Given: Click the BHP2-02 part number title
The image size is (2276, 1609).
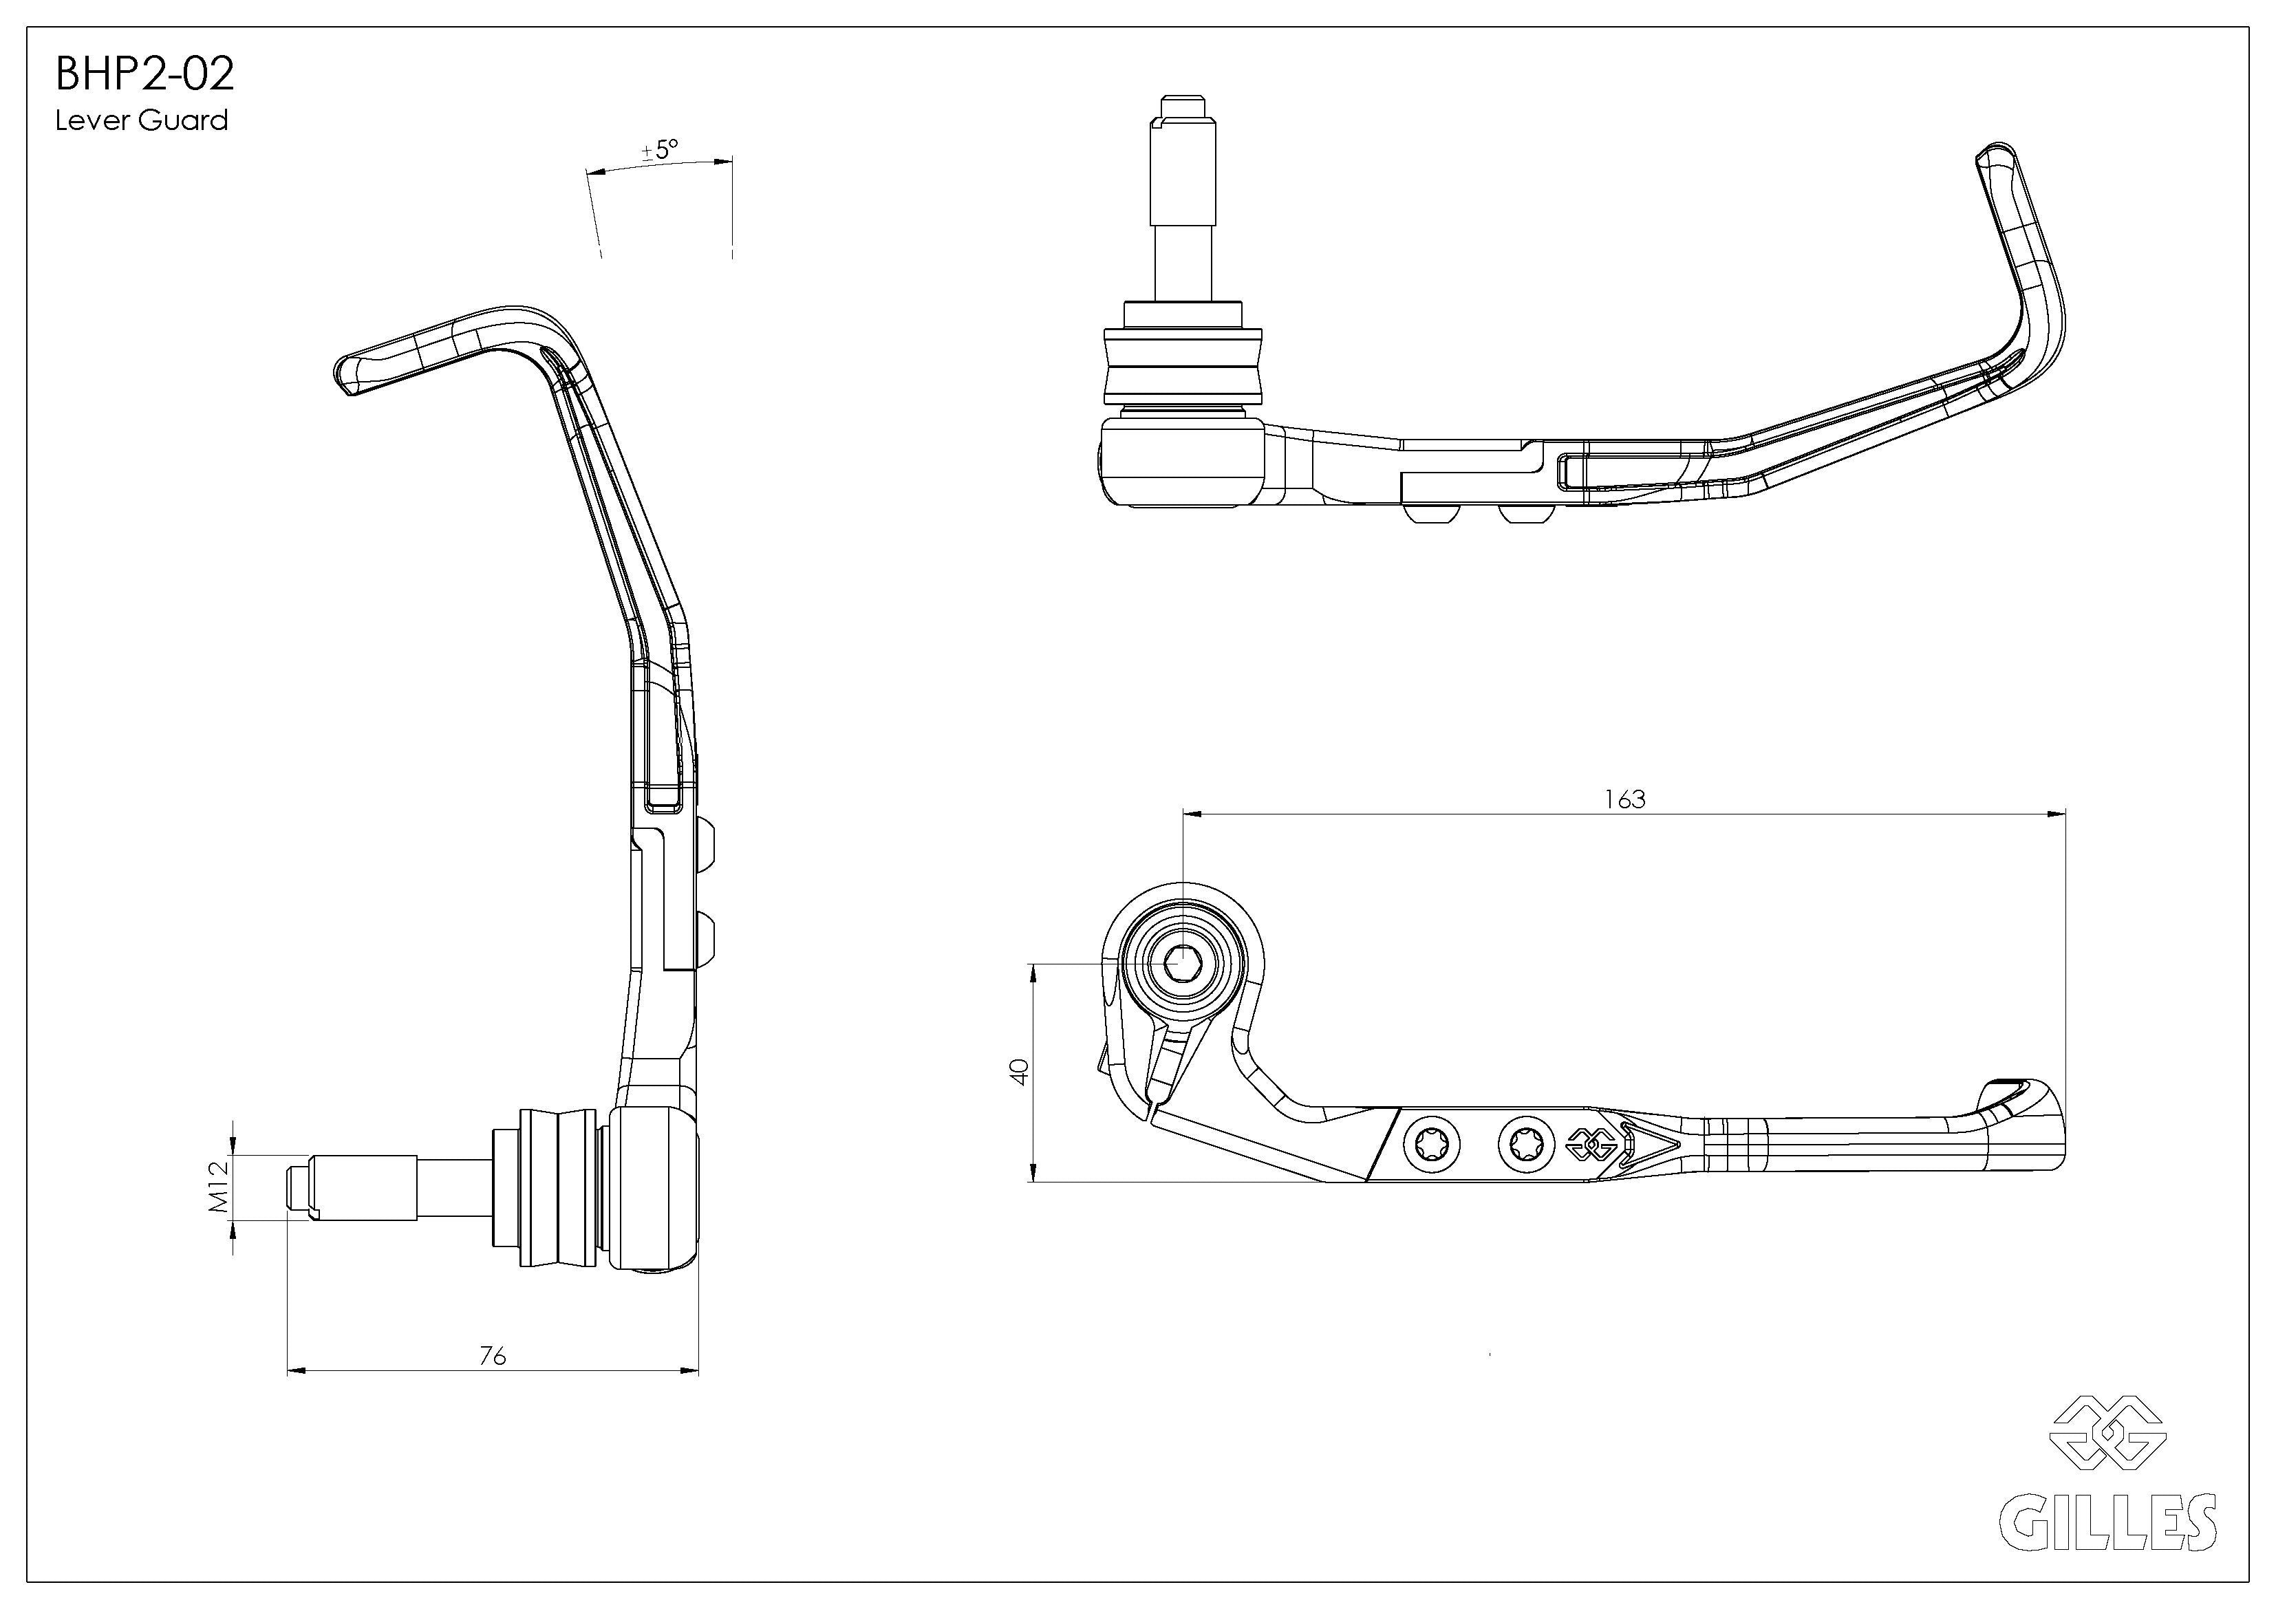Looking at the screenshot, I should tap(144, 74).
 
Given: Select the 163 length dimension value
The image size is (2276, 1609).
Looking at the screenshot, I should tap(1624, 799).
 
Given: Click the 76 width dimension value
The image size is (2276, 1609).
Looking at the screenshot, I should tap(493, 1355).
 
